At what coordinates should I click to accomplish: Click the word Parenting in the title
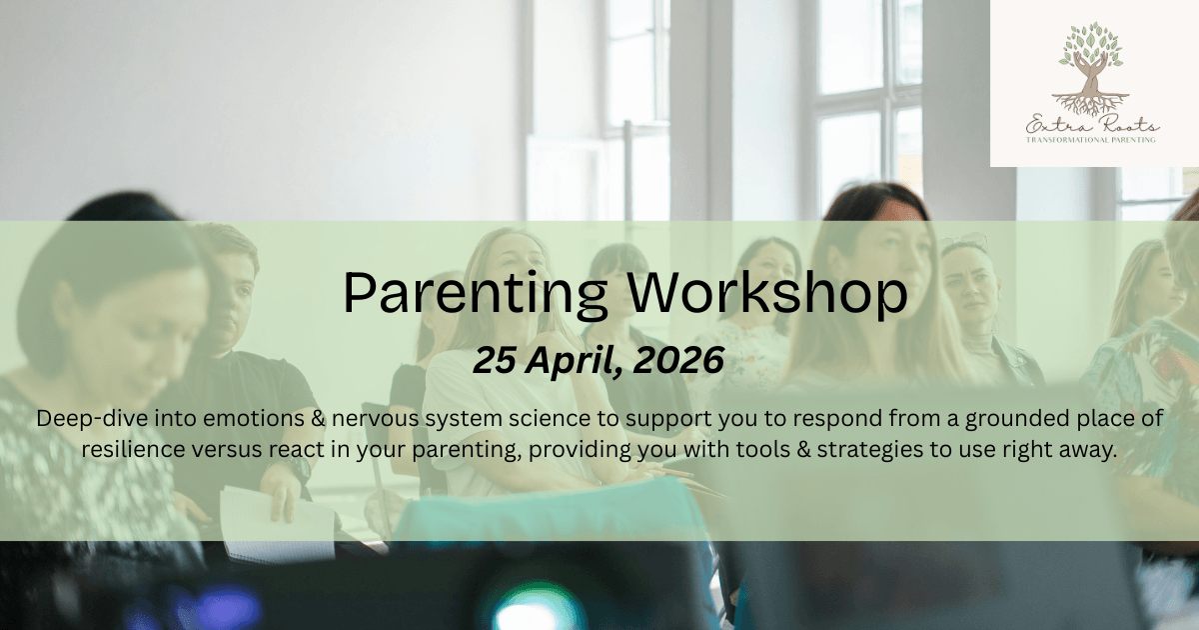click(475, 294)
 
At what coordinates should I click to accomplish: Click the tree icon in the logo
click(1091, 69)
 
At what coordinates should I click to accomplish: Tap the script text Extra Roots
click(1092, 125)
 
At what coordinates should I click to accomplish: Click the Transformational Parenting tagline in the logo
click(1090, 140)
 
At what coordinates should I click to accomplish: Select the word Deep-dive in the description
click(92, 419)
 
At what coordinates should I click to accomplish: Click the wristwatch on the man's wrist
click(298, 468)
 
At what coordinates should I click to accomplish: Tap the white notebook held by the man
click(279, 525)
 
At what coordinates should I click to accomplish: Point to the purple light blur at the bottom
click(225, 610)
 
